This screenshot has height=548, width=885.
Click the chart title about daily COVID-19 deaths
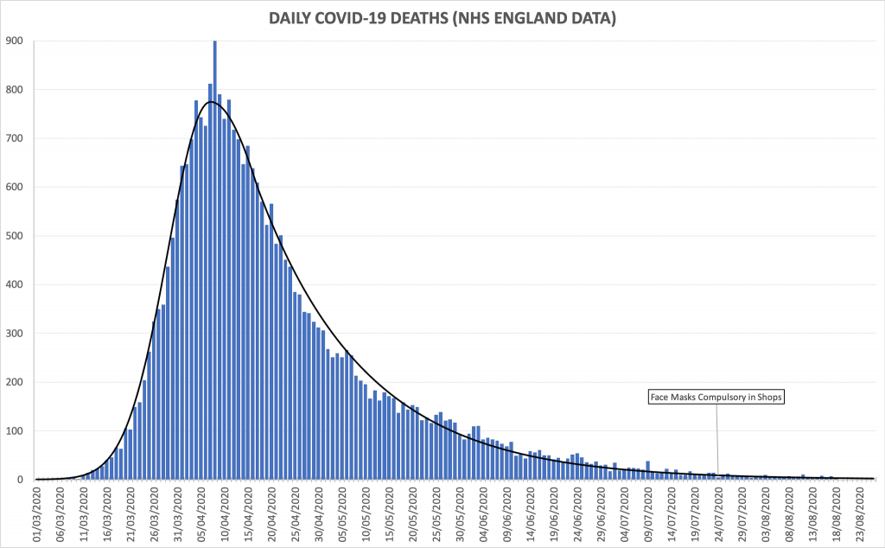point(442,17)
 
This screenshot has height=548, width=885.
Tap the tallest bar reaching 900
point(215,259)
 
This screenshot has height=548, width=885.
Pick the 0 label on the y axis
point(20,480)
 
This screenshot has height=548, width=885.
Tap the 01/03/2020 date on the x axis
point(37,514)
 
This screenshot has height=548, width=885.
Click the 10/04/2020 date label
point(225,514)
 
